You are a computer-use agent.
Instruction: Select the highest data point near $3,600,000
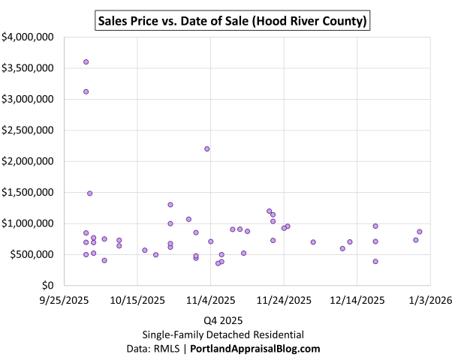(86, 61)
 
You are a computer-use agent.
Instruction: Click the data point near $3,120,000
(86, 91)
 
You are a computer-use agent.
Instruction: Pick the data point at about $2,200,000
(207, 148)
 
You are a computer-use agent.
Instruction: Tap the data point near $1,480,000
(90, 193)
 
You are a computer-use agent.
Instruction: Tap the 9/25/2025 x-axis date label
(65, 300)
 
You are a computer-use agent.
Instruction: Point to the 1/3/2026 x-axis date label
(429, 300)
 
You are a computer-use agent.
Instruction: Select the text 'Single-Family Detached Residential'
(223, 334)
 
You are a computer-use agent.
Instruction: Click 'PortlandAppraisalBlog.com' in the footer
(255, 349)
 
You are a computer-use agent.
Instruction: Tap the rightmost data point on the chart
(420, 232)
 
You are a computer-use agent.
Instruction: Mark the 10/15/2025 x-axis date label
(137, 300)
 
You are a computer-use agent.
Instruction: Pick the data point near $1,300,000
(170, 205)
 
